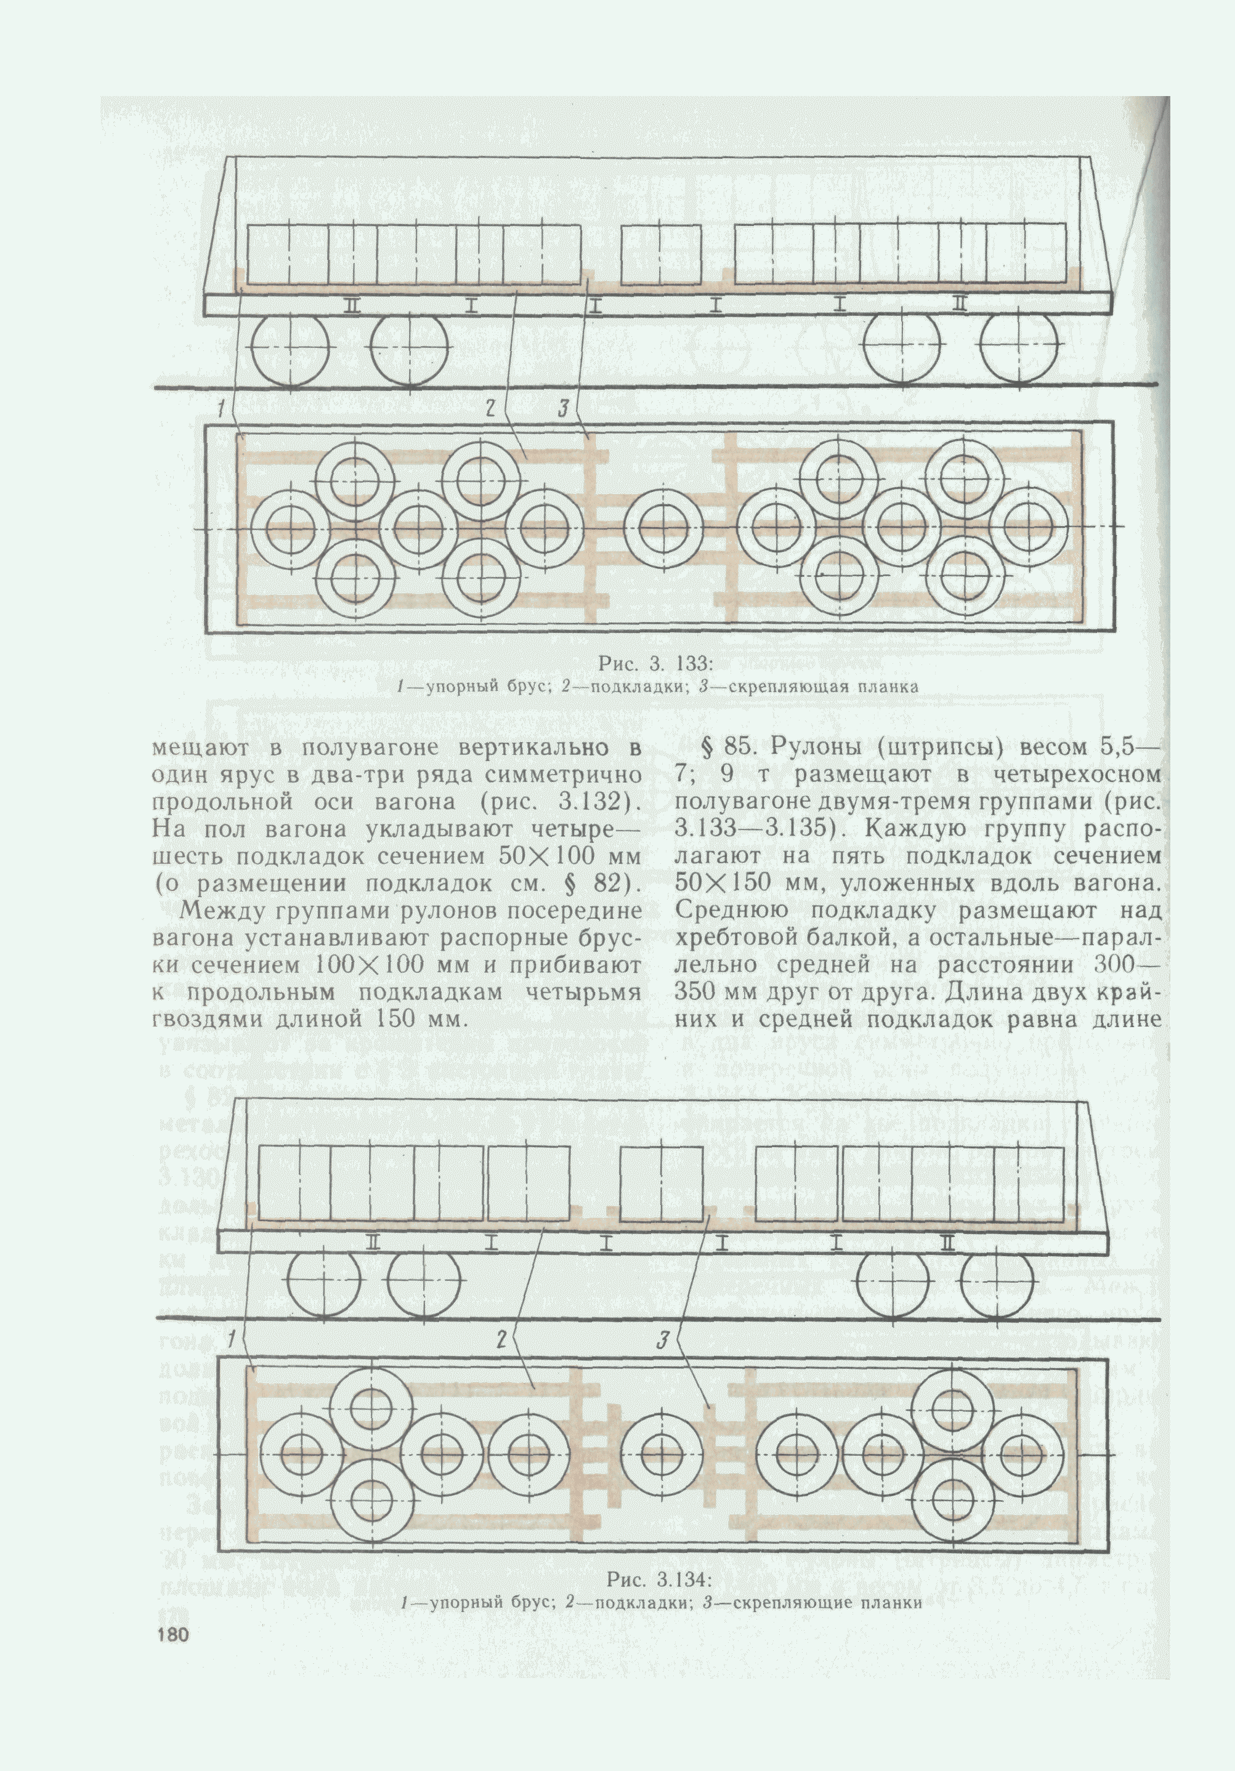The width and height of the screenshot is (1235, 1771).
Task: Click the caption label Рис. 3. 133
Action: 655,664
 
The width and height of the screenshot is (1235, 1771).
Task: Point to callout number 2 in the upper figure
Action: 490,409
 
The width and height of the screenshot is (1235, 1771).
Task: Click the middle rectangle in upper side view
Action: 661,254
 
